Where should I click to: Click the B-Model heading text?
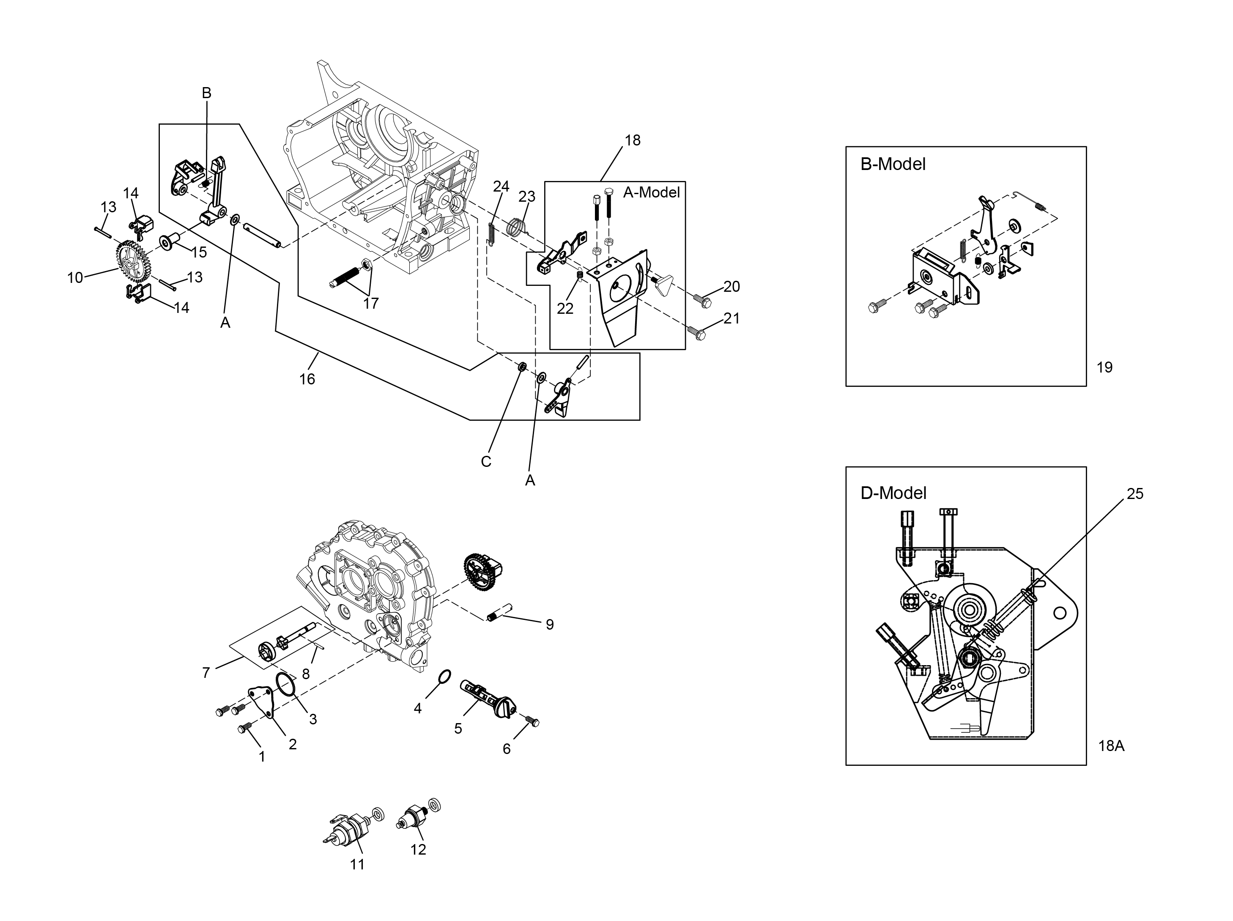893,164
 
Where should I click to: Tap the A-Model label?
652,192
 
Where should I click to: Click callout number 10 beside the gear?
75,278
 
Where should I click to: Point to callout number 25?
1135,494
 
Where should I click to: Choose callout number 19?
1104,367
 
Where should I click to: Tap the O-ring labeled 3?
286,685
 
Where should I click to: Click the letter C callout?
486,462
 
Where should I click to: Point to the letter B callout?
206,93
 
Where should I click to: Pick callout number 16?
307,379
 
